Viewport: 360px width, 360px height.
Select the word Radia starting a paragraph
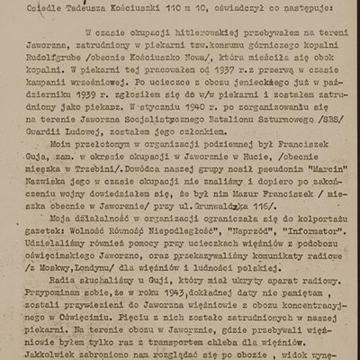(74, 292)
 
